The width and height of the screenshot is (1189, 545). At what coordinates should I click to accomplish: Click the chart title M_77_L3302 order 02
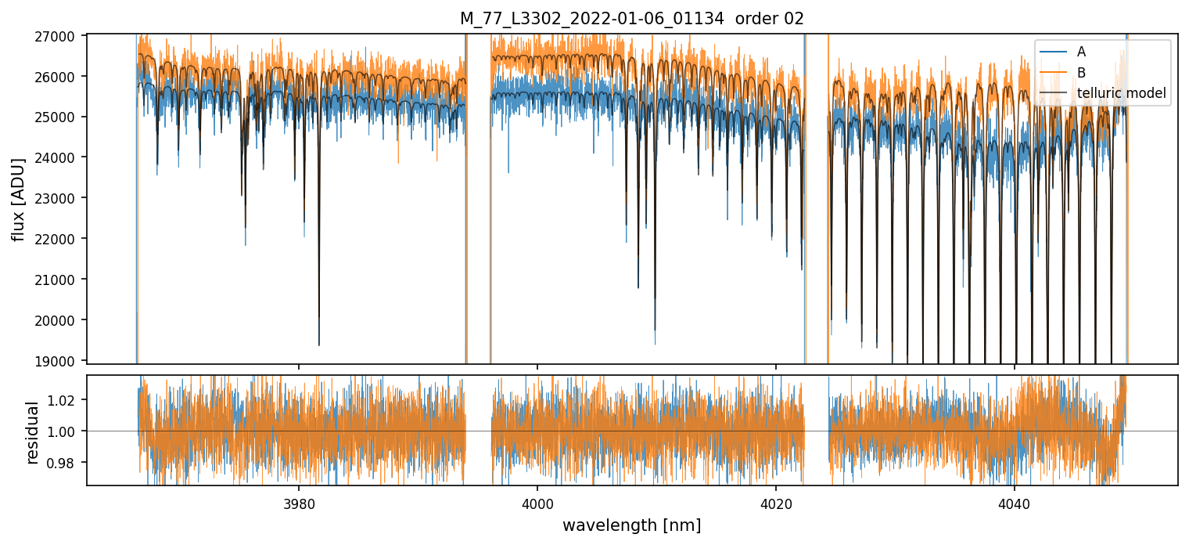(631, 19)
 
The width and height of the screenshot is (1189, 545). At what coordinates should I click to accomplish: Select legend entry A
(1081, 52)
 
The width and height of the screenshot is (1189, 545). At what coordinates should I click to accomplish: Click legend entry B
(1081, 73)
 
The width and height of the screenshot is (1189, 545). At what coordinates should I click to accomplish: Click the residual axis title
(33, 432)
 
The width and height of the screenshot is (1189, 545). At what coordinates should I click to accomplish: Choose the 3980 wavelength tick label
(299, 502)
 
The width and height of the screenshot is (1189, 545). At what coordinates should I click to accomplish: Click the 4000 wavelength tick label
(537, 502)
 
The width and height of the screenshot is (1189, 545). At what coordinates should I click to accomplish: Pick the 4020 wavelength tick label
(776, 502)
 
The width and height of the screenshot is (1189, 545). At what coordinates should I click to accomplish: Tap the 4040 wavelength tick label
(1015, 502)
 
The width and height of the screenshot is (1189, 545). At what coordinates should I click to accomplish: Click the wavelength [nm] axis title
(631, 525)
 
